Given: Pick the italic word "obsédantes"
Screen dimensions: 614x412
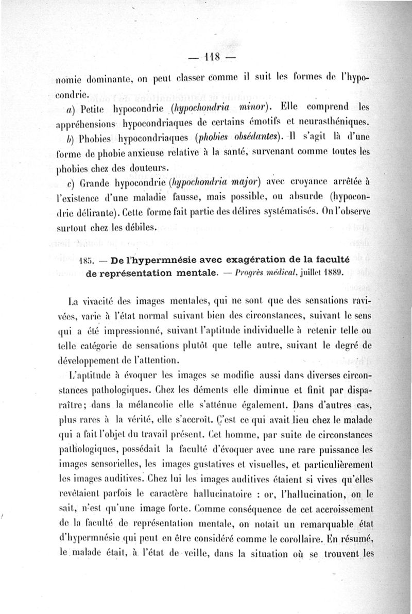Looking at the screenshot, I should (x=256, y=138).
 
